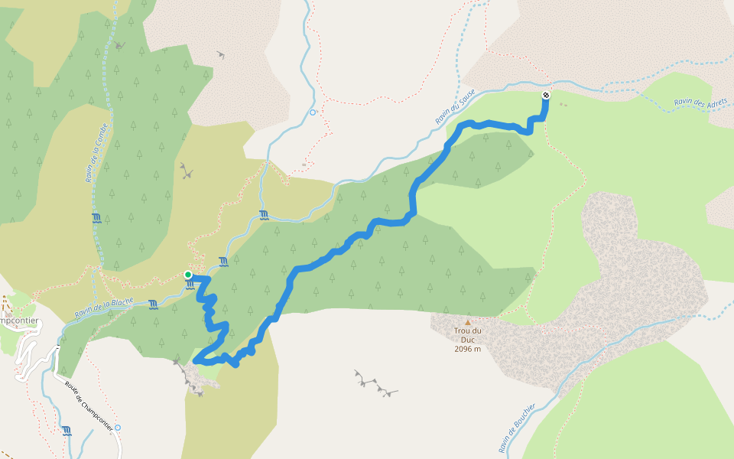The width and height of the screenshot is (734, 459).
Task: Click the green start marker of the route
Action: point(188,275)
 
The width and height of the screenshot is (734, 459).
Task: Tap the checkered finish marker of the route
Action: point(545,95)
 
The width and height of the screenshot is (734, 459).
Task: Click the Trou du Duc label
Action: point(467,336)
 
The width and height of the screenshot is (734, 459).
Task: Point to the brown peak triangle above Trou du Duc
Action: point(467,322)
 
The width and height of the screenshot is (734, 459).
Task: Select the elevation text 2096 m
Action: point(467,349)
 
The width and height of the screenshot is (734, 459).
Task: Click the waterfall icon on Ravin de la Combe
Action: point(96,218)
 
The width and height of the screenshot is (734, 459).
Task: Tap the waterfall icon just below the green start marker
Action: point(190,285)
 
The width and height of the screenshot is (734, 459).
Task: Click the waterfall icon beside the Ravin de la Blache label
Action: point(154,304)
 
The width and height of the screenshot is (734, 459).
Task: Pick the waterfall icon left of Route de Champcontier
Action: point(67,431)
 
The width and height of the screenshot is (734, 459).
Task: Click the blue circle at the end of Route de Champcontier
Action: point(117,428)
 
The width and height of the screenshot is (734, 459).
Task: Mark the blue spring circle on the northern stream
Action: point(312,112)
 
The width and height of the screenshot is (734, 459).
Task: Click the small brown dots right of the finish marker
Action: point(563,104)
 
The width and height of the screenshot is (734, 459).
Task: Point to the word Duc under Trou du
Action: point(467,340)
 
